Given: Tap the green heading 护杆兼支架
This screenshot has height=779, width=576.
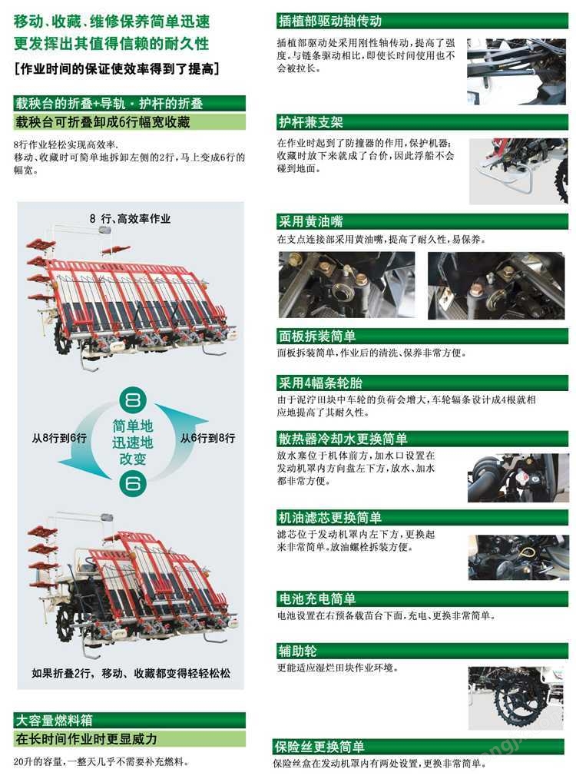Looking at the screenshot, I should point(311,122).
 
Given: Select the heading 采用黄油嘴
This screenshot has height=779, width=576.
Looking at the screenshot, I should point(311,223).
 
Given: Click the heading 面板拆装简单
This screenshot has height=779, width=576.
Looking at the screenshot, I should point(317,336).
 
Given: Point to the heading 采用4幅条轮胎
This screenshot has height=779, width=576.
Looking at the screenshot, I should point(320,383).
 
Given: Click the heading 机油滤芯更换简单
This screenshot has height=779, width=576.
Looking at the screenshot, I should point(330,517).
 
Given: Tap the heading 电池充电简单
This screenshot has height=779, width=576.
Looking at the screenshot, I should point(317,598).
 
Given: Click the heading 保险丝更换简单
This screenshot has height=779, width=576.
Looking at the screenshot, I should point(319,747).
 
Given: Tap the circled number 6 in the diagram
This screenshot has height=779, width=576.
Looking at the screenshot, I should point(132,485).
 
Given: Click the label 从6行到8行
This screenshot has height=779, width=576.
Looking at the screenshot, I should point(207,438).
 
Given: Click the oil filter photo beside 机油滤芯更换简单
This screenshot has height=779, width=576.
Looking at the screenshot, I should point(518,557).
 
